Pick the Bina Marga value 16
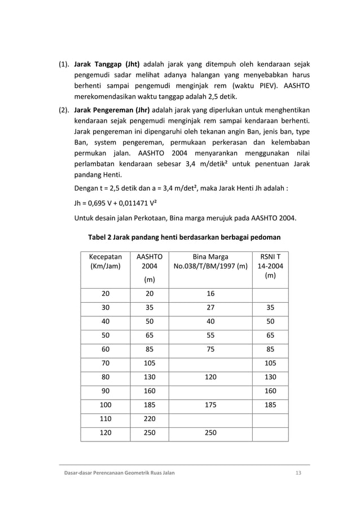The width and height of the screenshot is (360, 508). pos(210,294)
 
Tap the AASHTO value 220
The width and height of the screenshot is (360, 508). pos(150,419)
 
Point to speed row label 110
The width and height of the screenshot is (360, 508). pos(106,419)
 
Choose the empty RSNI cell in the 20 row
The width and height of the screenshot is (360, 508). pos(270,294)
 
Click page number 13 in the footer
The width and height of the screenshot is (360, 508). pos(298,472)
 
